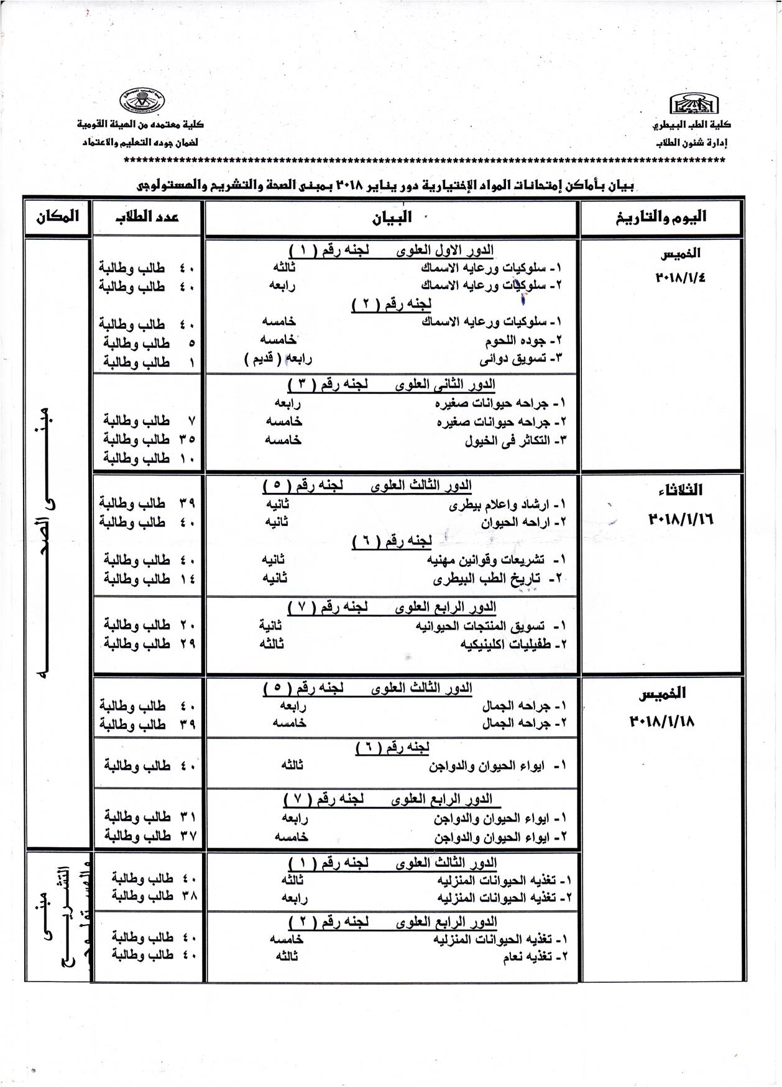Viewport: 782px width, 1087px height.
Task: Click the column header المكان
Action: (x=57, y=217)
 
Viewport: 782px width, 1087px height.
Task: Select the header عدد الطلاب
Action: (x=147, y=217)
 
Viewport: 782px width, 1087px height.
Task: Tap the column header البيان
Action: (x=392, y=218)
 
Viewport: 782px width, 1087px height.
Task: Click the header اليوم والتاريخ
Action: (x=661, y=217)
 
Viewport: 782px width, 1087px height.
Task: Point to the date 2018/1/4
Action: (x=680, y=278)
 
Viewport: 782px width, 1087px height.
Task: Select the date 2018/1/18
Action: (x=662, y=722)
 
